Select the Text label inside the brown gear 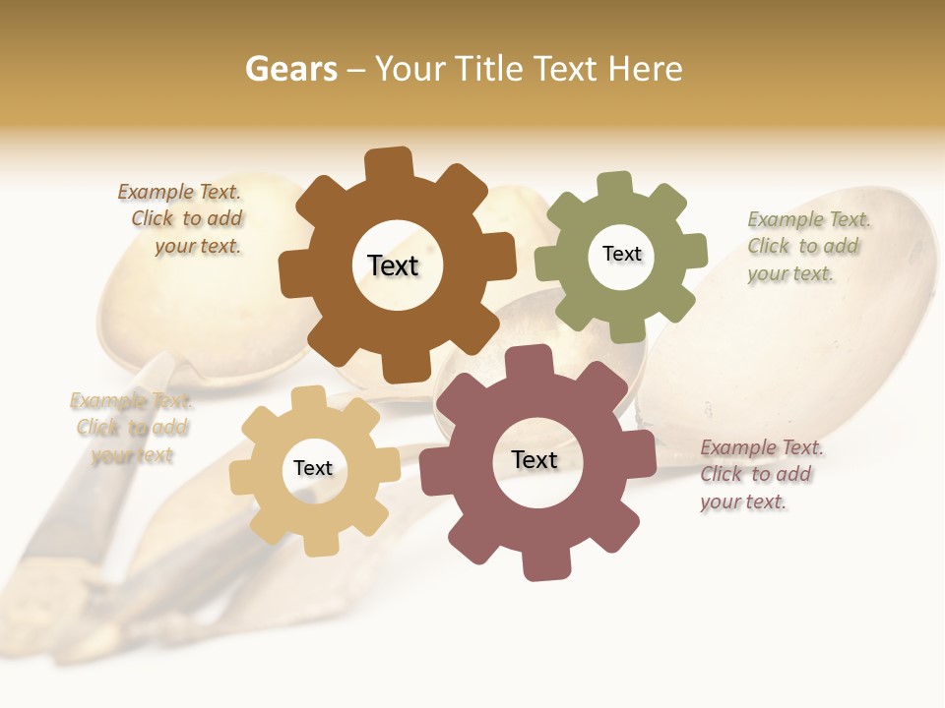(393, 265)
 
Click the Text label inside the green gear (621, 254)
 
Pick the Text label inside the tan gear (313, 468)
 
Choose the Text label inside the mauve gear (535, 459)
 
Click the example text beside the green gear (807, 246)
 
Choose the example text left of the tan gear (132, 427)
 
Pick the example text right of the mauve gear (760, 474)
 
